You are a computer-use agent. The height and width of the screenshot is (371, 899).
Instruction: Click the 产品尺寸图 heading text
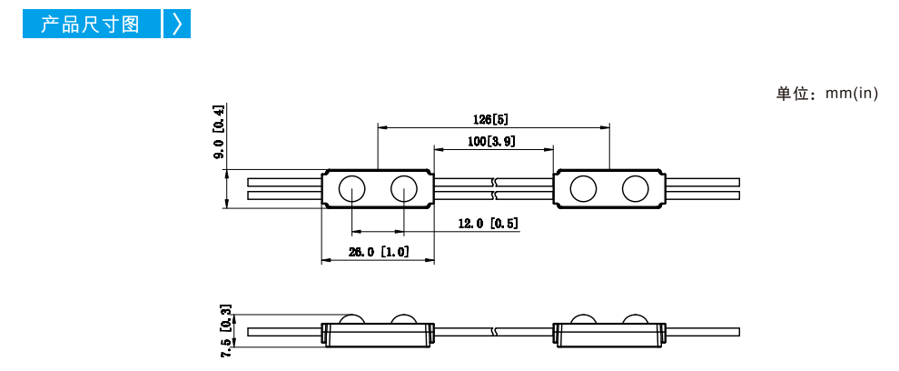pos(90,25)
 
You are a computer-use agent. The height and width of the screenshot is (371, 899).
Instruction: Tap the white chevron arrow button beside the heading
pos(177,25)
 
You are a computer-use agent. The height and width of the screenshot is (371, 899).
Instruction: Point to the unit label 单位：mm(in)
pos(826,94)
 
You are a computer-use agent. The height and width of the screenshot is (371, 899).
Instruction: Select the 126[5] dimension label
pos(490,119)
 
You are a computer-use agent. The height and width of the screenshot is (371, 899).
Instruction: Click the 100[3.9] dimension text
pos(490,141)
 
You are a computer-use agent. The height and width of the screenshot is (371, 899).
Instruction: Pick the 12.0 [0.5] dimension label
pos(489,224)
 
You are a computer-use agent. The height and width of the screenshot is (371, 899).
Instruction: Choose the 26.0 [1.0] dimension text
pos(379,252)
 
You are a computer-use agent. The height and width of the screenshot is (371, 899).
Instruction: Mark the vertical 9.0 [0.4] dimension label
pos(220,132)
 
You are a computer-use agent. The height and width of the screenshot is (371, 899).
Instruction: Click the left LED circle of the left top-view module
pos(351,188)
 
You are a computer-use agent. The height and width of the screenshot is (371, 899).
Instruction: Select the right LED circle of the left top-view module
pos(404,188)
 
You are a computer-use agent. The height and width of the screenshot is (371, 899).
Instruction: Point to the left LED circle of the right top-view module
pos(583,188)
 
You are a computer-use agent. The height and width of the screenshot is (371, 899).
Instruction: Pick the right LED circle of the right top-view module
pos(636,188)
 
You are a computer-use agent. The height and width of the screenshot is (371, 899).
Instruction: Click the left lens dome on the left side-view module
pos(351,319)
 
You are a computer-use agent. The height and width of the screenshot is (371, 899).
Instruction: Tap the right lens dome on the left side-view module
pos(404,319)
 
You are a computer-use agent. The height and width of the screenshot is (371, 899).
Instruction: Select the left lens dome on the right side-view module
pos(583,319)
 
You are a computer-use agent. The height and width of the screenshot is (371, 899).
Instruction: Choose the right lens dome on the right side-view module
pos(636,319)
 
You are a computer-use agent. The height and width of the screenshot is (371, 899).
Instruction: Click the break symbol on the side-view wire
pos(496,331)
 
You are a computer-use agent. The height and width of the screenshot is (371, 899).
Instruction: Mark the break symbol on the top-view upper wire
pos(496,182)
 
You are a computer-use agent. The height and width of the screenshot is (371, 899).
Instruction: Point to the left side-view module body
pos(378,335)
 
